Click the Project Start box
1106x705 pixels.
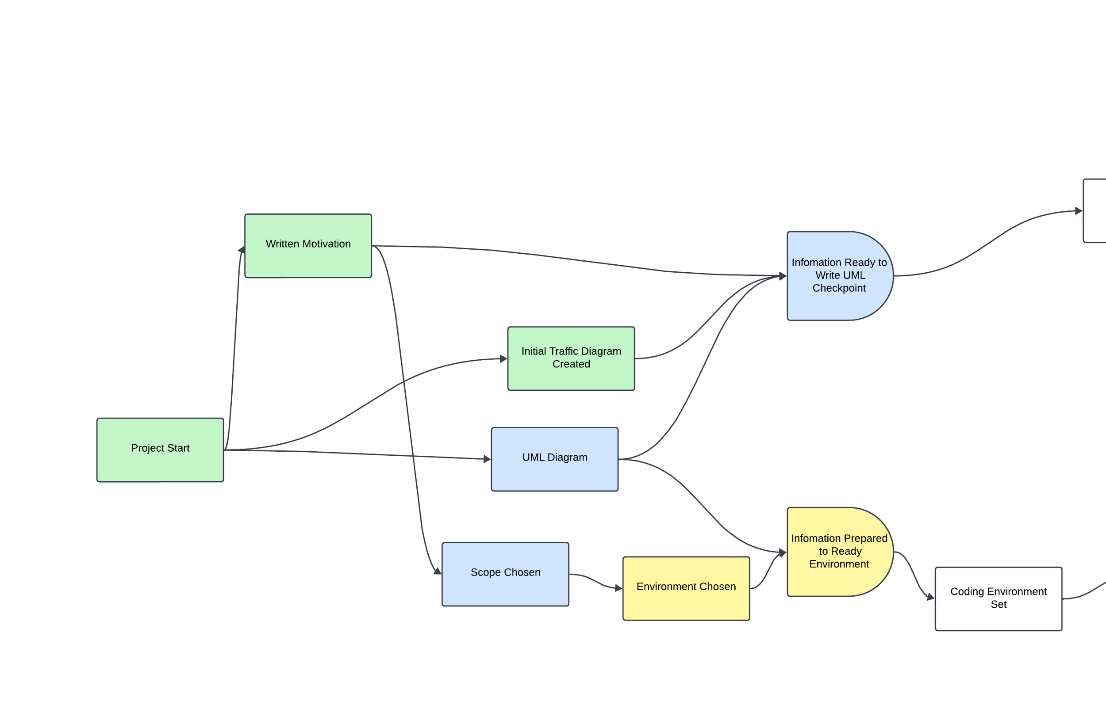pyautogui.click(x=160, y=450)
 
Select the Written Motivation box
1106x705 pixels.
pyautogui.click(x=308, y=246)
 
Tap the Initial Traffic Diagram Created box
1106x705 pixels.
pyautogui.click(x=571, y=358)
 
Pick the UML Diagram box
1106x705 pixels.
pyautogui.click(x=554, y=459)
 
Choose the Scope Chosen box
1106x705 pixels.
pyautogui.click(x=505, y=574)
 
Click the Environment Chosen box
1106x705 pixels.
pyautogui.click(x=686, y=588)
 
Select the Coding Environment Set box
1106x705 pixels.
pyautogui.click(x=998, y=598)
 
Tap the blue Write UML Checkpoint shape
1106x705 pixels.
pyautogui.click(x=839, y=276)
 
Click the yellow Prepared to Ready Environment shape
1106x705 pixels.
pyautogui.click(x=839, y=552)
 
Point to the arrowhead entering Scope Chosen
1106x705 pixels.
pyautogui.click(x=438, y=572)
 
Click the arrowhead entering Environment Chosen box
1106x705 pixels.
pyautogui.click(x=618, y=588)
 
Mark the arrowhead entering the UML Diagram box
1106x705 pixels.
pyautogui.click(x=488, y=459)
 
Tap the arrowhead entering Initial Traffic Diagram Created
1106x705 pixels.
pyautogui.click(x=504, y=358)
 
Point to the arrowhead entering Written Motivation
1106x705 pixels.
pyautogui.click(x=242, y=249)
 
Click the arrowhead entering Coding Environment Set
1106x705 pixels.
pyautogui.click(x=930, y=597)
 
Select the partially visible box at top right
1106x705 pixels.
pyautogui.click(x=1095, y=211)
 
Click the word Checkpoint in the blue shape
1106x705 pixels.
pyautogui.click(x=839, y=288)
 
